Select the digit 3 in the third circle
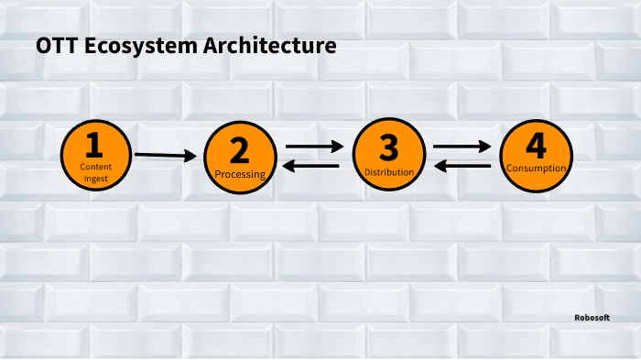tap(388, 147)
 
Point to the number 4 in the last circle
tap(536, 146)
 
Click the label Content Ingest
tap(95, 173)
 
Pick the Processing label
tap(240, 174)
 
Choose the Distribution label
tap(389, 171)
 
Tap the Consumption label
tap(537, 169)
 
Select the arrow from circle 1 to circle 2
tap(166, 156)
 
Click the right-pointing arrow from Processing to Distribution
tap(314, 145)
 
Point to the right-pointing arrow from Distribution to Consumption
tap(462, 145)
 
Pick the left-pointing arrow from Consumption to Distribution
tap(461, 166)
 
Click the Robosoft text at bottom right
tap(592, 317)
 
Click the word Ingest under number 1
tap(95, 179)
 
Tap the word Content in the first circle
tap(95, 168)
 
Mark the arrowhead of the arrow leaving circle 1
tap(191, 157)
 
